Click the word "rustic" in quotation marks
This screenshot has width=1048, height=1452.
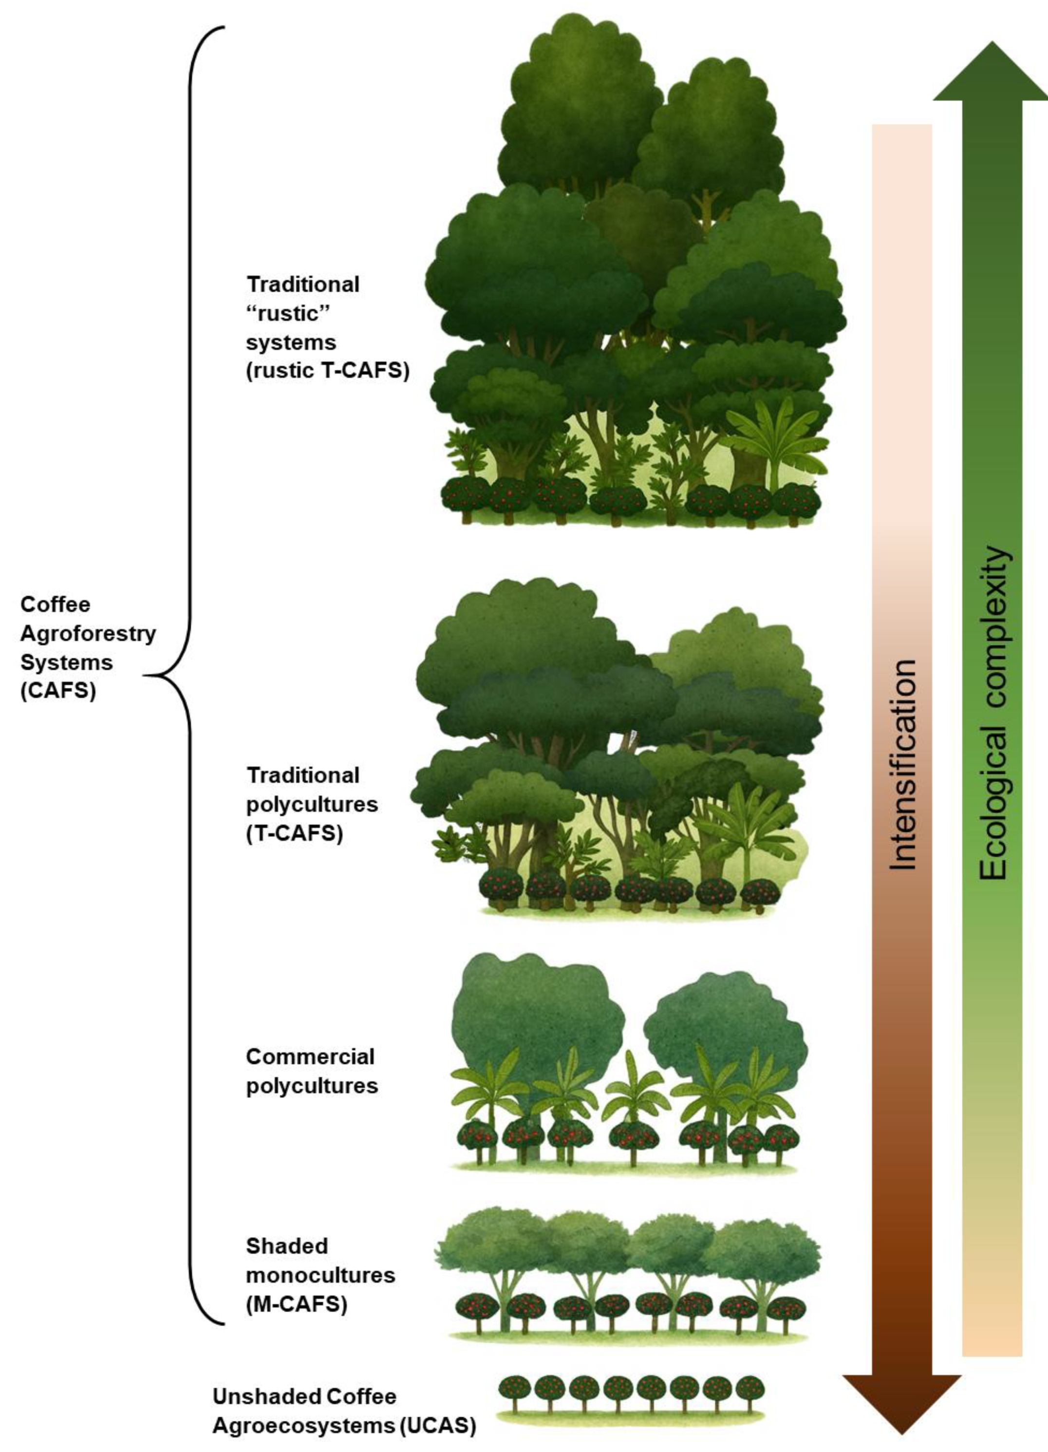[282, 314]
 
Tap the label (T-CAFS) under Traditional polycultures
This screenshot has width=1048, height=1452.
[295, 833]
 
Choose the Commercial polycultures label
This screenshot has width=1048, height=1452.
[311, 1071]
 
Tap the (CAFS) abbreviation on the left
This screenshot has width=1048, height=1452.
[57, 692]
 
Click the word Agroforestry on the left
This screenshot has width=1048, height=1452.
[88, 633]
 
